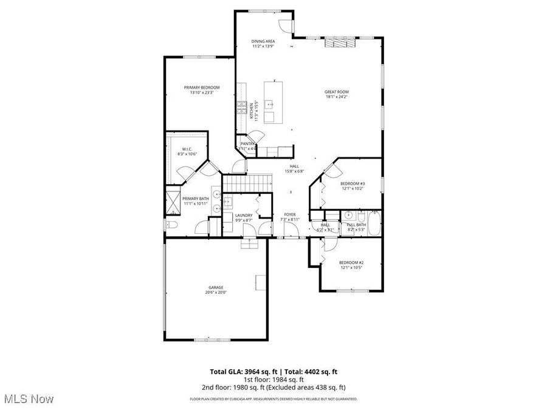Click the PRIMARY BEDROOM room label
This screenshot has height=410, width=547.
tap(202, 87)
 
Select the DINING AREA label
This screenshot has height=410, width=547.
tap(263, 41)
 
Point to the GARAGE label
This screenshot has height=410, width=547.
tap(216, 287)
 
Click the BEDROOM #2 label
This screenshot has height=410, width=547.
tap(351, 262)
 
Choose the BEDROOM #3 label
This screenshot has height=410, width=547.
tap(352, 183)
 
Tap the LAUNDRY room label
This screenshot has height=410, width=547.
tap(244, 215)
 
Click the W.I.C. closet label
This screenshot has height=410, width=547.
tap(187, 149)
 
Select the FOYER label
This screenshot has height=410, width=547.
tap(290, 214)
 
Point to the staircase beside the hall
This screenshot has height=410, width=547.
tap(247, 182)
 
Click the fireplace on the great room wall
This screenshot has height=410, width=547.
tap(341, 42)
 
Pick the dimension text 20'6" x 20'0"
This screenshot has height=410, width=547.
tap(216, 293)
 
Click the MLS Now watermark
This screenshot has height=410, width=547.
tap(29, 398)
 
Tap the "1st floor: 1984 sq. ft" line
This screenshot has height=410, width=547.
tap(273, 379)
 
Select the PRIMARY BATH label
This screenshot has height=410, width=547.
tap(196, 199)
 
